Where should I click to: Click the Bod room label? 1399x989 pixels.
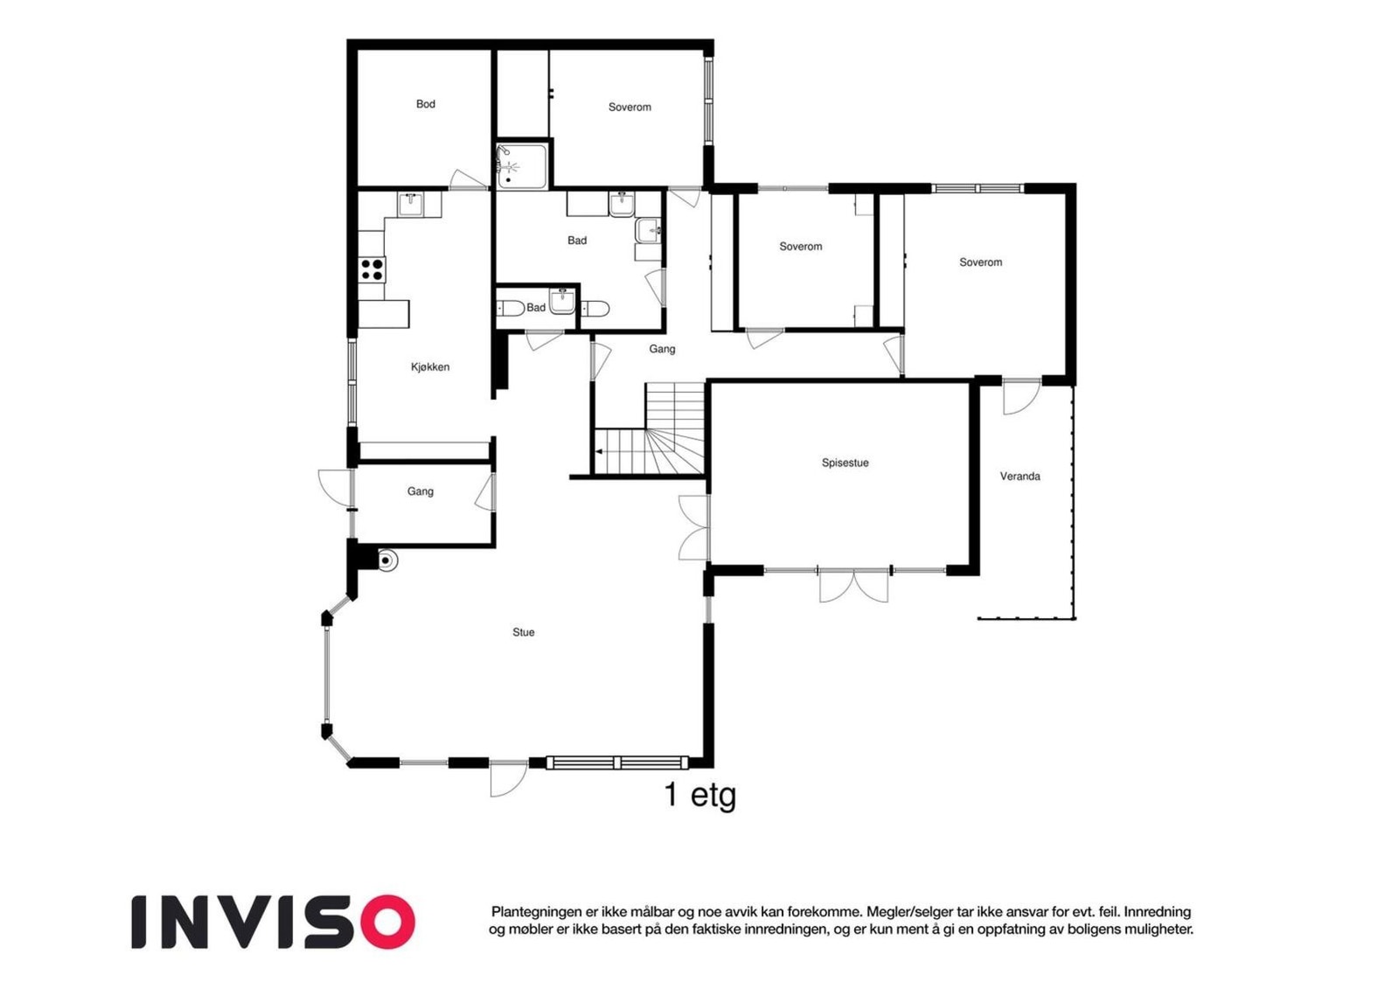click(x=425, y=104)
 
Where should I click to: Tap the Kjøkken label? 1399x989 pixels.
click(x=429, y=366)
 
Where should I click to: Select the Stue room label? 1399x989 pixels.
click(x=524, y=632)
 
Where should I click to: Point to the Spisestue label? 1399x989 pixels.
click(x=845, y=463)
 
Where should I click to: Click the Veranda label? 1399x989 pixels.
click(x=1020, y=476)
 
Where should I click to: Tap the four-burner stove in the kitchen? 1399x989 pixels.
click(x=372, y=269)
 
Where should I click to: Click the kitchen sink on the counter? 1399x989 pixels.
click(x=410, y=205)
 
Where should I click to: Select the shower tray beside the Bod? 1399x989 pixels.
click(x=523, y=165)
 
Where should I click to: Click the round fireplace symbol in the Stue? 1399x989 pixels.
click(x=386, y=561)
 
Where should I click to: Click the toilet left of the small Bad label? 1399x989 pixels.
click(x=511, y=308)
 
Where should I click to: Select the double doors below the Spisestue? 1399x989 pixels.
click(x=853, y=586)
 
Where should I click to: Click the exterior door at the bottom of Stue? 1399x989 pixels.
click(x=508, y=780)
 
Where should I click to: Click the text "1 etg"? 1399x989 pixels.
click(x=699, y=796)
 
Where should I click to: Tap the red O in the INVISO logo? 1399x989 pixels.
click(x=386, y=923)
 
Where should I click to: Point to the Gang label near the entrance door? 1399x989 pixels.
click(x=421, y=491)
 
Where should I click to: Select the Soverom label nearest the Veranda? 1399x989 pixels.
click(x=980, y=262)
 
